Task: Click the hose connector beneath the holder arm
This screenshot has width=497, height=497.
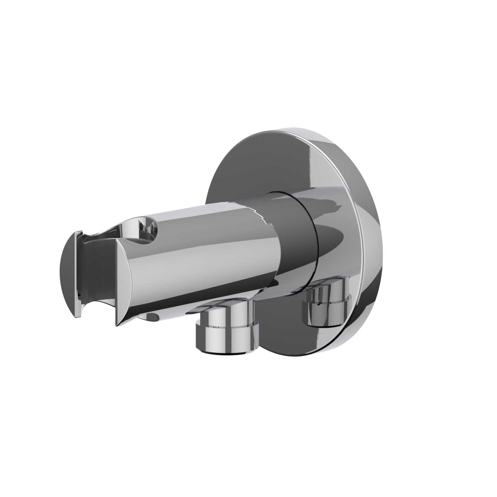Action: (226, 326)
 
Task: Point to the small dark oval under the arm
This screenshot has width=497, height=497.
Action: (152, 316)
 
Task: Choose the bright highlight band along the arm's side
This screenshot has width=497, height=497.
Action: (208, 260)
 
